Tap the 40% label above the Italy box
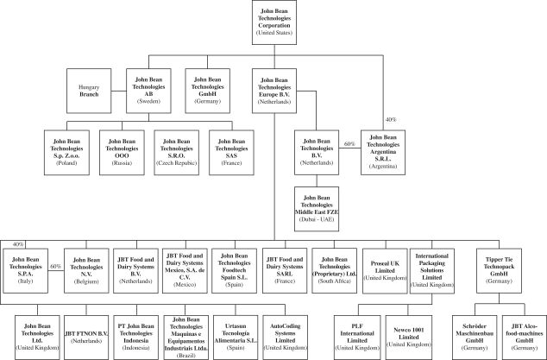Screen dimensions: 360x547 click(x=18, y=243)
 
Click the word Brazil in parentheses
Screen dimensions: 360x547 click(x=185, y=352)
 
